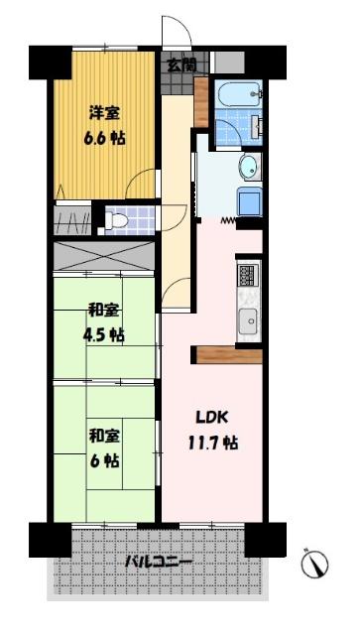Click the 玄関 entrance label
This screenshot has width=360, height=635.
coord(180,65)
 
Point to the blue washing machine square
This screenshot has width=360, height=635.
coord(247,201)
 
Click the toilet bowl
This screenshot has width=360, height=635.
coord(119,219)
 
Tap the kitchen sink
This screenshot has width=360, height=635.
coord(247,320)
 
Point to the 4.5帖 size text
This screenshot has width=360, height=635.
coord(103,334)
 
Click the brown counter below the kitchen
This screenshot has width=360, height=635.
coord(230,353)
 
